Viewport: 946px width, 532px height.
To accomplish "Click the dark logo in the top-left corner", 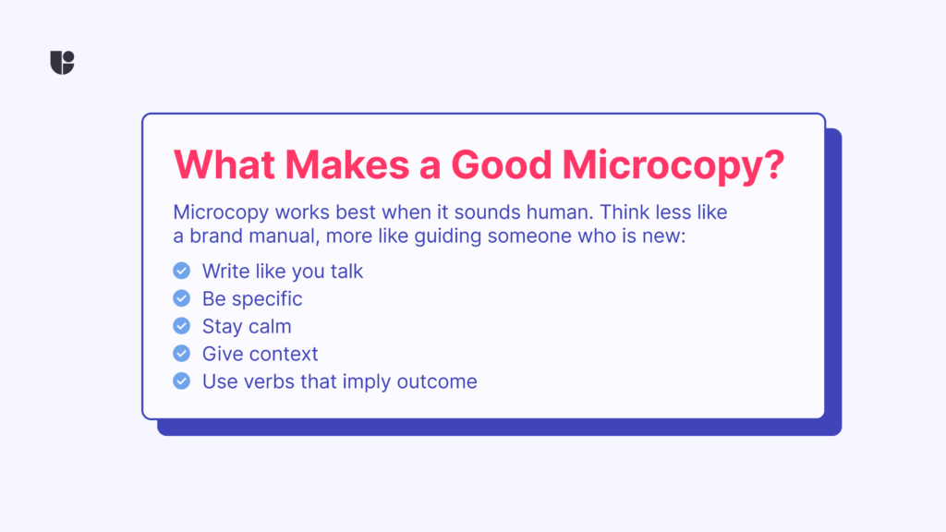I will pyautogui.click(x=62, y=62).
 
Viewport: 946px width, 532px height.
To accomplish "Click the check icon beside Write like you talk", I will pyautogui.click(x=181, y=271).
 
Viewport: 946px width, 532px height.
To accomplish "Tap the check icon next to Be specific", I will pyautogui.click(x=181, y=298).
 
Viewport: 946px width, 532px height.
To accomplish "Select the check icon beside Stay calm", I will pyautogui.click(x=181, y=326).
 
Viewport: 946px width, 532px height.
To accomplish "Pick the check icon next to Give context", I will pyautogui.click(x=181, y=354).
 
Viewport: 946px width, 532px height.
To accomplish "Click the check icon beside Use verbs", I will pyautogui.click(x=181, y=381).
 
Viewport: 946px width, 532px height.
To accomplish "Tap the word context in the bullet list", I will pyautogui.click(x=285, y=354).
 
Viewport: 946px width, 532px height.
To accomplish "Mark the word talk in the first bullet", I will pyautogui.click(x=344, y=271).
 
